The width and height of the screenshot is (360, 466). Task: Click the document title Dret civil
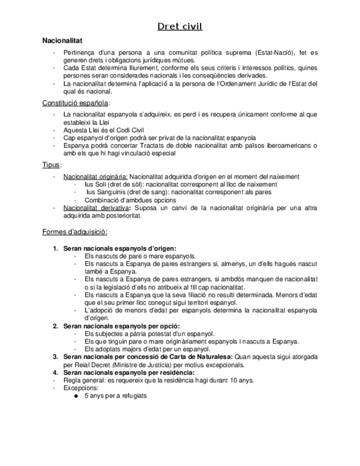(180, 26)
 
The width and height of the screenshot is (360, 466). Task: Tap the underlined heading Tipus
(52, 165)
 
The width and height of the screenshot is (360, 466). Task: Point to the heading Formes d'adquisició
(74, 231)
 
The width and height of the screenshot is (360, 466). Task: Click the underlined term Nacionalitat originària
(95, 177)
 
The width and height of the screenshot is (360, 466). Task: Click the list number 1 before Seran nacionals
(55, 248)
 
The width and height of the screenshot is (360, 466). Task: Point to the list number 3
(55, 357)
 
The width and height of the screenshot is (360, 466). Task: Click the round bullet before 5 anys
(75, 396)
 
